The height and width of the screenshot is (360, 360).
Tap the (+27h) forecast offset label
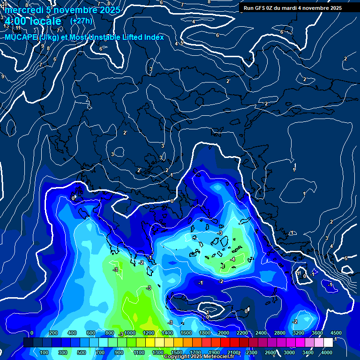click(81, 21)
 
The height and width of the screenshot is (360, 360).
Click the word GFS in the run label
click(261, 8)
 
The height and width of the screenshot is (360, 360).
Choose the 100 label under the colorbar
click(44, 352)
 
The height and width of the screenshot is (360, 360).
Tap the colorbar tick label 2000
click(223, 333)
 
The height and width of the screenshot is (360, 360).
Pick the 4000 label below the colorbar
click(327, 352)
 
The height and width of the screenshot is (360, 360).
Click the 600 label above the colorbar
click(91, 333)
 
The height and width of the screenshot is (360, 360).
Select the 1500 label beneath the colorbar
click(176, 352)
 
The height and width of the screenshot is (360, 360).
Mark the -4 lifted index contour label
click(232, 259)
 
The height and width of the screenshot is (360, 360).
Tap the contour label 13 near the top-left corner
click(6, 26)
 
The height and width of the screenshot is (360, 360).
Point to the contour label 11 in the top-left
click(18, 28)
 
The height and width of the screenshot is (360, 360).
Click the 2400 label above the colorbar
click(261, 333)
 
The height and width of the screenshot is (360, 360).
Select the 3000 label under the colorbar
click(289, 352)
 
